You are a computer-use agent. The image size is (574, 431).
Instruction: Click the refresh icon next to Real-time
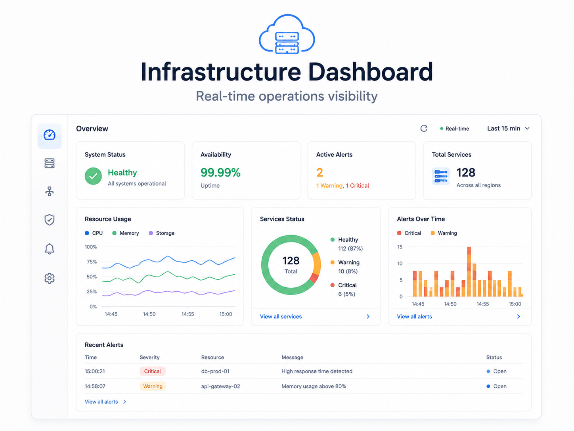click(x=424, y=129)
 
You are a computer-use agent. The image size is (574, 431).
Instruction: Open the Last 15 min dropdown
click(x=508, y=129)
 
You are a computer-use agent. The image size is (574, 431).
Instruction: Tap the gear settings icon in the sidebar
click(x=50, y=278)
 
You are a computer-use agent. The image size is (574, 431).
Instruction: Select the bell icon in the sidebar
click(x=50, y=249)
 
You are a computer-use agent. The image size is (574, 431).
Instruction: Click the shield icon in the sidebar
click(x=50, y=219)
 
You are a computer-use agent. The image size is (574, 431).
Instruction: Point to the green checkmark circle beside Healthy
click(x=93, y=176)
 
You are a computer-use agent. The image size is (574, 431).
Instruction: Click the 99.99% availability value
click(x=220, y=173)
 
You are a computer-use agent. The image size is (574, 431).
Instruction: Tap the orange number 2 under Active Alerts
click(x=320, y=173)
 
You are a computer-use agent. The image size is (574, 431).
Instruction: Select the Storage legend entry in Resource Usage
click(x=161, y=233)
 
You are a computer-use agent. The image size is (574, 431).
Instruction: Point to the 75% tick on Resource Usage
click(x=92, y=262)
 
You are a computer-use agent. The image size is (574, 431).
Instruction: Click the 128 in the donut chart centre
click(x=291, y=261)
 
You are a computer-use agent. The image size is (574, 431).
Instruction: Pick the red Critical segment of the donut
click(x=314, y=278)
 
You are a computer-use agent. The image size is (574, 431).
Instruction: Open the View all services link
click(x=281, y=316)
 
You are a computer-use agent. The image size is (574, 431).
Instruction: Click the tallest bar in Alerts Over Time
click(x=469, y=271)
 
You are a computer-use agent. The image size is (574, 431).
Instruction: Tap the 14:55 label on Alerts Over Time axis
click(x=482, y=304)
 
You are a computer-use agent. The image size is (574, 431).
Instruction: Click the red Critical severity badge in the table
click(x=153, y=371)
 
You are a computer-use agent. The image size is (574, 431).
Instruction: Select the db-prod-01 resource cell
click(x=215, y=371)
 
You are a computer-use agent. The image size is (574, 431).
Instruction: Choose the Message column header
click(x=292, y=357)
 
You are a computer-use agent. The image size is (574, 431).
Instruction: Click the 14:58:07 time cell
click(x=95, y=386)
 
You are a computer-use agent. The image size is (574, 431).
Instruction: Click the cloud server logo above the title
click(x=287, y=34)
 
